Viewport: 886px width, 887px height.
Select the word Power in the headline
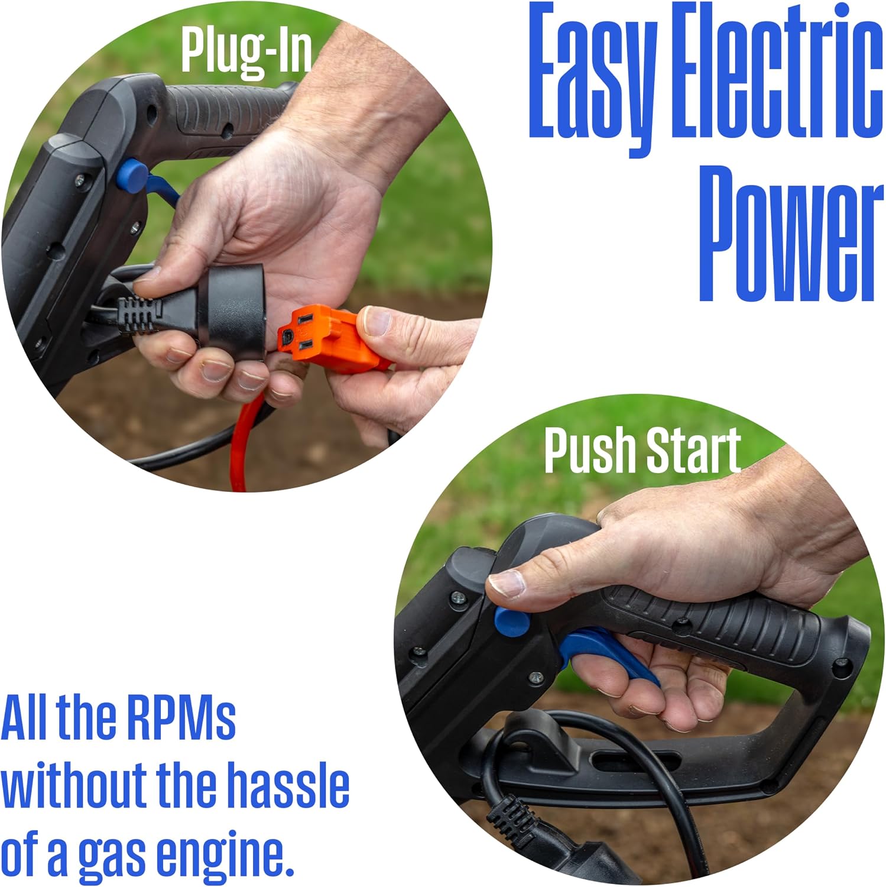tap(792, 233)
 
